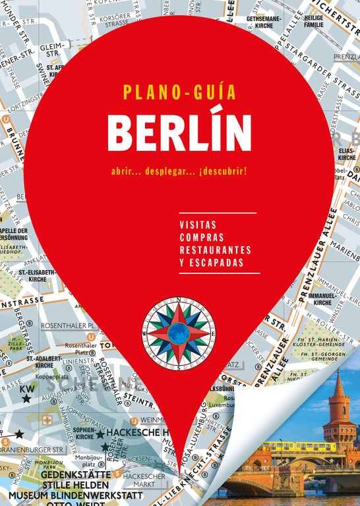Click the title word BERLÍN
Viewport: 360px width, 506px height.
coord(179,131)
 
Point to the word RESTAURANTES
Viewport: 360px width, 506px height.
coord(215,250)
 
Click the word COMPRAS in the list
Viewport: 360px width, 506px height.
coord(201,237)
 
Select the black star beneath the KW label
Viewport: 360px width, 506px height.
coord(26,399)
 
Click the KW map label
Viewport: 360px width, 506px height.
coord(27,388)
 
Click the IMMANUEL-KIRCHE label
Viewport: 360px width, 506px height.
coord(322,299)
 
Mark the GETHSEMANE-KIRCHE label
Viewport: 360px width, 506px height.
coord(264,22)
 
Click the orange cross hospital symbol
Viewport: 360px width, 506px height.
coord(47,419)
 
